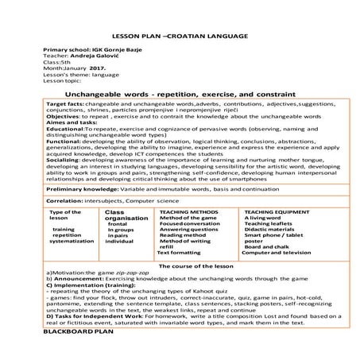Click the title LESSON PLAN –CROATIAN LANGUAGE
180,37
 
